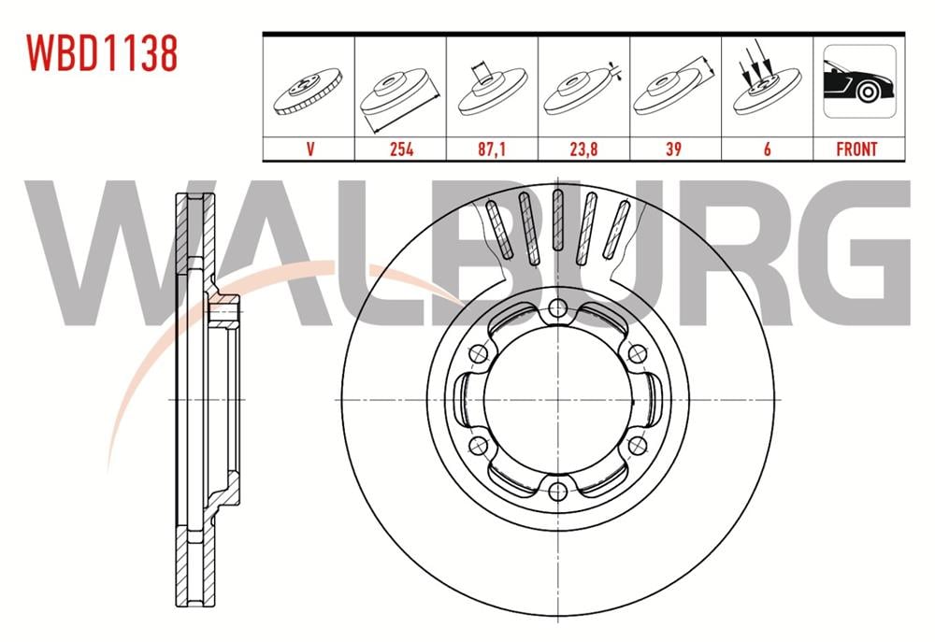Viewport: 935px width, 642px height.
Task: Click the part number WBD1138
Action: coord(101,52)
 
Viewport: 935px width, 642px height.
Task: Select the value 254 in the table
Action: coord(401,149)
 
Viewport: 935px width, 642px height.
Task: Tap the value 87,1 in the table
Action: coord(492,149)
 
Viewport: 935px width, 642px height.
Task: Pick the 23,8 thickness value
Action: coord(583,149)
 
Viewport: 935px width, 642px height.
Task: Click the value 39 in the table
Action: coord(674,149)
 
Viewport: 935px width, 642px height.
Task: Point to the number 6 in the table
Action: coord(767,149)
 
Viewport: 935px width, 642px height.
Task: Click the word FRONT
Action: coord(856,149)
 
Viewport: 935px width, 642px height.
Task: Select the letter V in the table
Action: coord(310,149)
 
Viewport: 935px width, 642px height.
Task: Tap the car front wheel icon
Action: coord(859,80)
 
